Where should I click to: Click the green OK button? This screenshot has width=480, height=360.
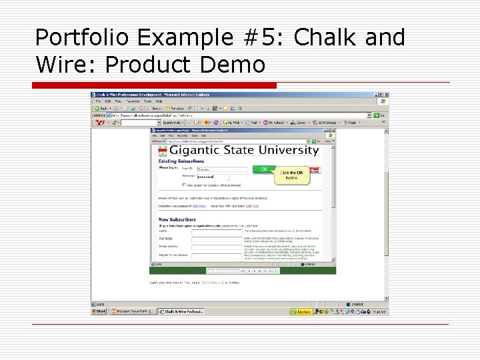pos(264,169)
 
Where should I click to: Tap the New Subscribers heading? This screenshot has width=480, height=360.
pos(177,219)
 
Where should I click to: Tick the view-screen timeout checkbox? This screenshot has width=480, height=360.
pos(184,185)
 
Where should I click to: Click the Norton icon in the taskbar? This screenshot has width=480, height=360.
pos(301,311)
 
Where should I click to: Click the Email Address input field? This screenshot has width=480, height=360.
pos(216,247)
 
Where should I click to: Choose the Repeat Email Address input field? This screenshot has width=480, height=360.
pos(216,255)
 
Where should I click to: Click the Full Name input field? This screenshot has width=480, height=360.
pos(216,239)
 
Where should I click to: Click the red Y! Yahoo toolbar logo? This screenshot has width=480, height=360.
pos(101,123)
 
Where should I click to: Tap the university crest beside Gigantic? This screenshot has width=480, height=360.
pos(162,151)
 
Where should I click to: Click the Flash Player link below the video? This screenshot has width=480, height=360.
pos(211,282)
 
